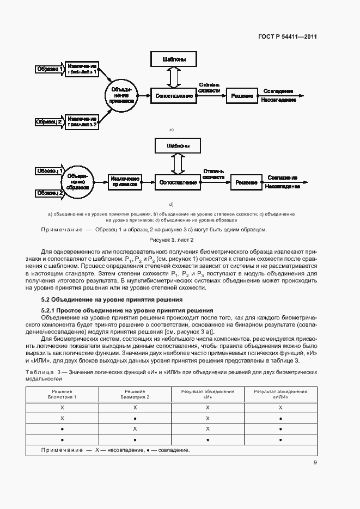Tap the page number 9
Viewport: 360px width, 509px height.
coord(315,463)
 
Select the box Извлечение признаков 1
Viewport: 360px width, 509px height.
coord(82,69)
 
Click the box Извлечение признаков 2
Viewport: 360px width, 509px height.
coord(82,121)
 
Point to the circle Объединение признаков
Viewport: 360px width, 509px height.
coord(120,95)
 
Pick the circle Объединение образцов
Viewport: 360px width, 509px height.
coord(77,182)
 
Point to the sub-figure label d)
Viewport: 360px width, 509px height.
coord(171,204)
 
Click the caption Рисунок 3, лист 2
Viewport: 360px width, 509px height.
coord(172,240)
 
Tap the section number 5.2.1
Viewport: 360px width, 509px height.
coord(50,310)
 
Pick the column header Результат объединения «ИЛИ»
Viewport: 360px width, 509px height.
coord(280,394)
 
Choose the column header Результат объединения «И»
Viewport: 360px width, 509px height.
coord(208,394)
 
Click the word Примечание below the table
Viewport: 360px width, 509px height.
coord(59,450)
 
